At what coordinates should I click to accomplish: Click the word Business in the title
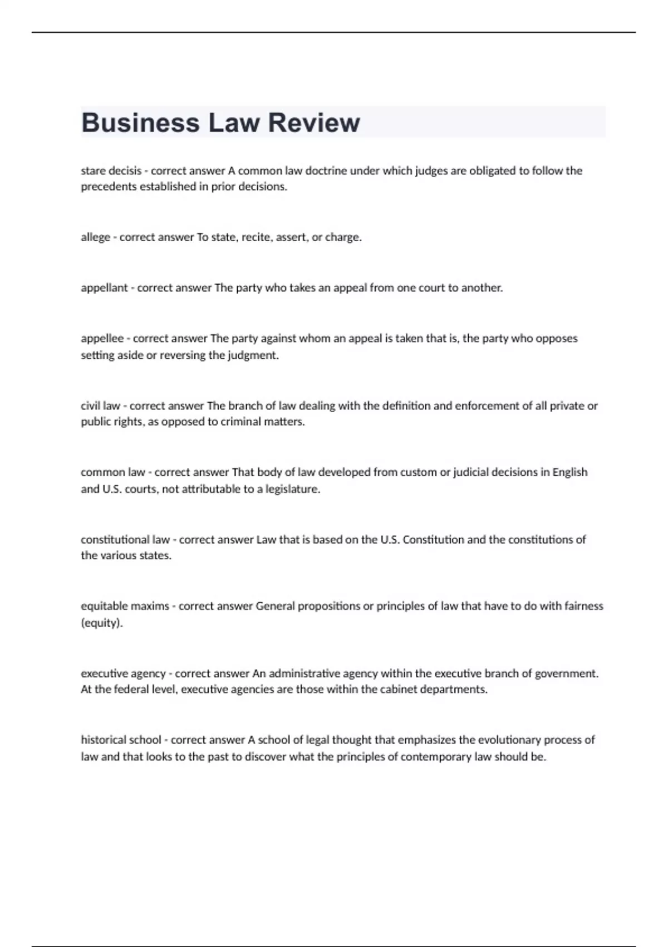tap(140, 123)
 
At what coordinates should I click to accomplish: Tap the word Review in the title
tap(314, 123)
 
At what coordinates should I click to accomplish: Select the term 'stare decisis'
tap(111, 171)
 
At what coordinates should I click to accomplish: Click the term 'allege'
tap(95, 237)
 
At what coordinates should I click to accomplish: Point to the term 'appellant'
tap(104, 288)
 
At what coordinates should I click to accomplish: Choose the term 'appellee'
tap(102, 339)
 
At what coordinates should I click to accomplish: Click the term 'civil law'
tap(100, 406)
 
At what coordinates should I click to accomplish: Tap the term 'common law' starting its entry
tap(112, 472)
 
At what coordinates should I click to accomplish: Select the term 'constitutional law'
tap(125, 540)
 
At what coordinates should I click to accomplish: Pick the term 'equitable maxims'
tap(125, 606)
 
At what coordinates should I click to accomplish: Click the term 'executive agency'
tap(123, 673)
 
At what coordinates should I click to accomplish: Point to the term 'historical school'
tap(121, 740)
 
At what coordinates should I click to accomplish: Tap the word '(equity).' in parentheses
tap(101, 623)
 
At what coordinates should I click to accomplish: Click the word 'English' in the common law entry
tap(569, 472)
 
